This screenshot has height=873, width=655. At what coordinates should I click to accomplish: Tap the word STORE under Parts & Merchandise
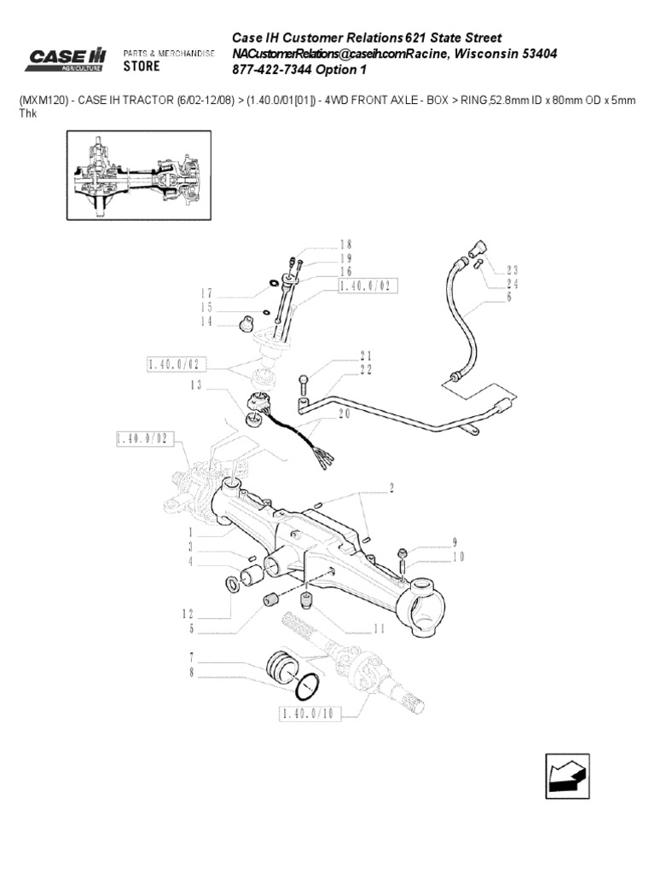coord(142,66)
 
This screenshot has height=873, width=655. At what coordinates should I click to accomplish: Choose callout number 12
coord(189,612)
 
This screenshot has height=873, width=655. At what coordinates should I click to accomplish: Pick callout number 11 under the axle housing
coord(379,628)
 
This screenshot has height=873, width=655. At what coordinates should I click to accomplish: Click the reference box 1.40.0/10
coord(310,713)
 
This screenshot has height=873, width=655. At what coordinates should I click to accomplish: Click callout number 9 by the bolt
coord(455,541)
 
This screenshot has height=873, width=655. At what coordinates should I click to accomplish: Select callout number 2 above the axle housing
coord(391,489)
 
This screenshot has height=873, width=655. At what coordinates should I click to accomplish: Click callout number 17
coord(206,292)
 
